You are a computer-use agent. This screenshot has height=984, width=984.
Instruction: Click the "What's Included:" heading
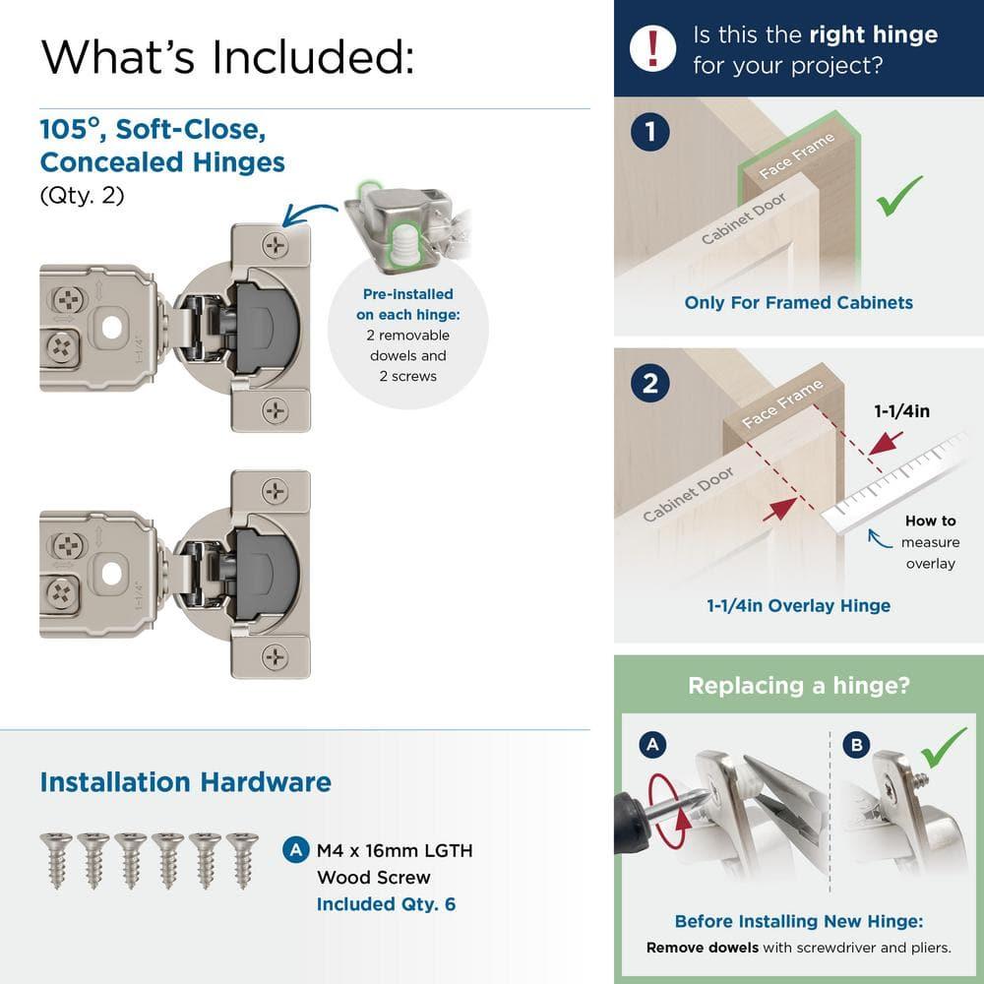(226, 56)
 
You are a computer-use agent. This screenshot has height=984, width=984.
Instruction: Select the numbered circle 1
(650, 132)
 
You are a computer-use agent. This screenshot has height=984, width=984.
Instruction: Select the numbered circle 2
(650, 384)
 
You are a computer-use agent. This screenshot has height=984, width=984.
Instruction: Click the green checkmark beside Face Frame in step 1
(899, 196)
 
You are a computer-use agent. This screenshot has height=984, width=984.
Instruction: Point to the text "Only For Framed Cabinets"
(798, 302)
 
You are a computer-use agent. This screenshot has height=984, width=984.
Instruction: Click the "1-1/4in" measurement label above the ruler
(902, 411)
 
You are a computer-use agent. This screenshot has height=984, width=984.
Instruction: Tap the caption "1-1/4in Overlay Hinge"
(798, 605)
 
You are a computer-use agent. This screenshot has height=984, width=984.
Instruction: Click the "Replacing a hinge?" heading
(798, 686)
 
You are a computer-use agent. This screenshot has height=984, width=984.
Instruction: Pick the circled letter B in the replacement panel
(856, 745)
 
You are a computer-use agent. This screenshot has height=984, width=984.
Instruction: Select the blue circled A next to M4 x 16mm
(293, 849)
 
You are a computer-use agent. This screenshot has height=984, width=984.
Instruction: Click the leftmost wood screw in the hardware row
(56, 858)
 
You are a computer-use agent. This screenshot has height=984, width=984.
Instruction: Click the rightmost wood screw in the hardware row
(242, 858)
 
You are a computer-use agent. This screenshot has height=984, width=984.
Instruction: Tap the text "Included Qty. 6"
(386, 903)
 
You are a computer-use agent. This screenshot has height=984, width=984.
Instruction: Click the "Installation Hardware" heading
(185, 782)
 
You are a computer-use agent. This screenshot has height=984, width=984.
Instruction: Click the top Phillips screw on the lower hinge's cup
(275, 492)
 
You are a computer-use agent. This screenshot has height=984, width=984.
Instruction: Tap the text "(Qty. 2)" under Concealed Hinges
(82, 195)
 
